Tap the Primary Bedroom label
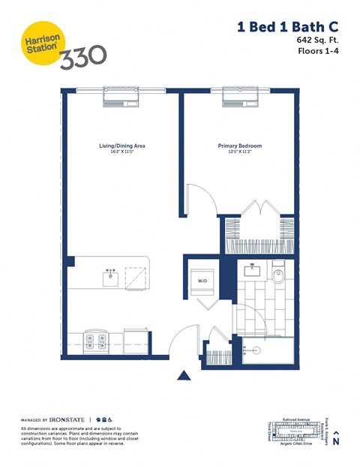tap(240, 146)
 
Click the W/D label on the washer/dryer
tap(202, 281)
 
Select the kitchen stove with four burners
tap(96, 341)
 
